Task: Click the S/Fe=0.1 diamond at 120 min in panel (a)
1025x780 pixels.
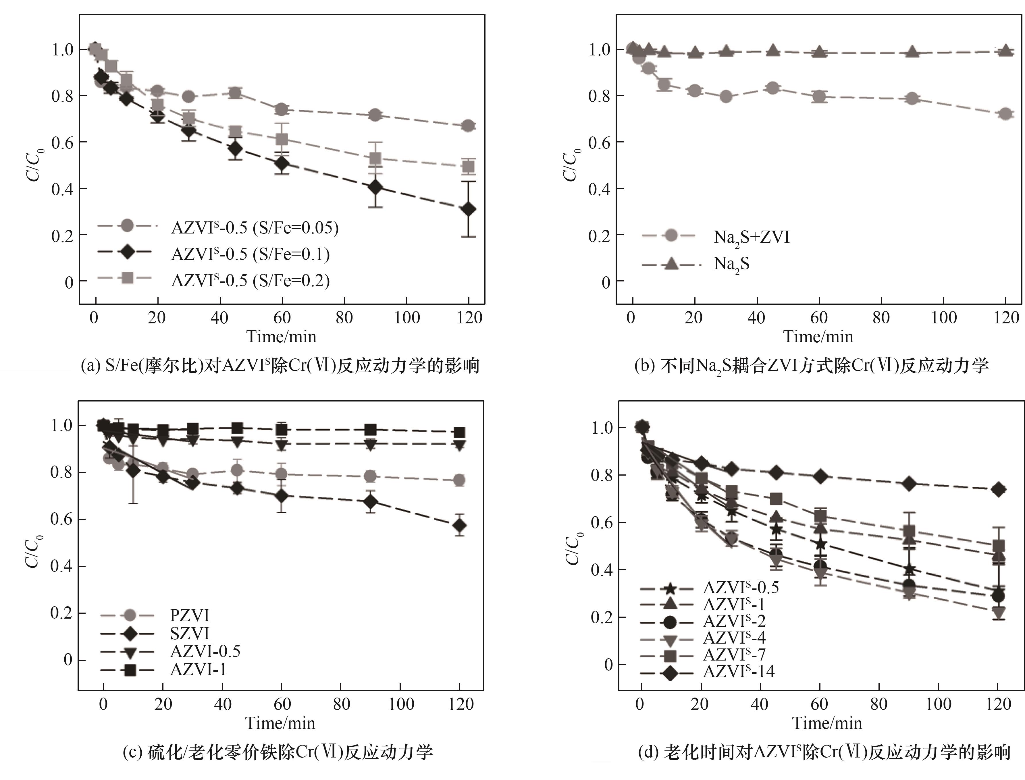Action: pyautogui.click(x=469, y=209)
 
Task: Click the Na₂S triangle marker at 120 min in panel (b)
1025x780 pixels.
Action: pyautogui.click(x=1005, y=50)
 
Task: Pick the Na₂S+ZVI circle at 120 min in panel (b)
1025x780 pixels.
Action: pyautogui.click(x=1005, y=114)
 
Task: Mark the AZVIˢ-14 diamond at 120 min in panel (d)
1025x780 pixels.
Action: pyautogui.click(x=998, y=490)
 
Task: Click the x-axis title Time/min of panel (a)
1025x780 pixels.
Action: pyautogui.click(x=282, y=336)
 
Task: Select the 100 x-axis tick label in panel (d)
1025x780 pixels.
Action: pyautogui.click(x=938, y=704)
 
